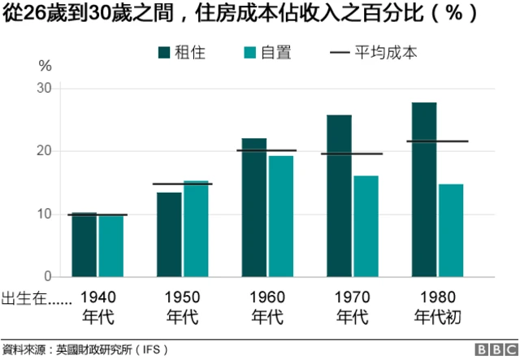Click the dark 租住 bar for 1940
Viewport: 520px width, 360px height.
coord(84,245)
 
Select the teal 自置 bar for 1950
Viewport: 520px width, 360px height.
coord(196,229)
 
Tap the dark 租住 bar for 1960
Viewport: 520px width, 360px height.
coord(253,208)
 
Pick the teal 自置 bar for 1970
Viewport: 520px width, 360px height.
coord(366,226)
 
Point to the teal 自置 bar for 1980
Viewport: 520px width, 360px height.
coord(451,231)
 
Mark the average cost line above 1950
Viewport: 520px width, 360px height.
coord(183,184)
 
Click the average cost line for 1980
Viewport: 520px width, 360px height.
coord(437,141)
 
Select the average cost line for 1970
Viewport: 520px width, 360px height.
coord(352,154)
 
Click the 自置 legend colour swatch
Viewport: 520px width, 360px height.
coord(250,53)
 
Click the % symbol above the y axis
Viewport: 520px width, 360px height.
coord(45,65)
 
